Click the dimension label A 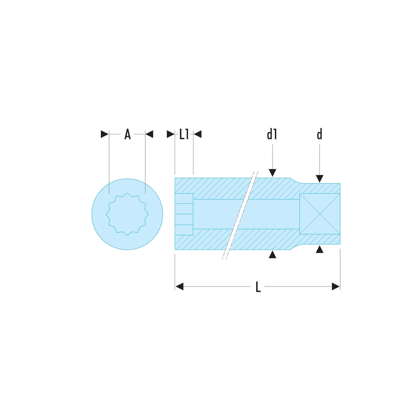128,134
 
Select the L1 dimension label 184,134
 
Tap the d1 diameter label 272,134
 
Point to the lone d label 319,134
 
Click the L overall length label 258,286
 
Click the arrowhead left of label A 105,134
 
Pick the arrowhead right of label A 149,134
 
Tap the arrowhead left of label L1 171,134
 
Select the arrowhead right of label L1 197,134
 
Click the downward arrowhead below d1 273,173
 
